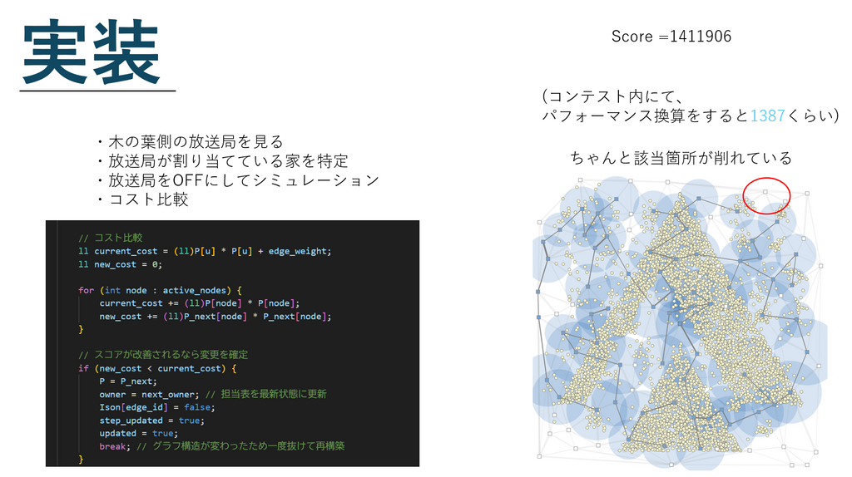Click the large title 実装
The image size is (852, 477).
pyautogui.click(x=91, y=52)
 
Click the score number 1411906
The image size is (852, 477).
pyautogui.click(x=701, y=37)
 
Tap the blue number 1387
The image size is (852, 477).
pyautogui.click(x=767, y=116)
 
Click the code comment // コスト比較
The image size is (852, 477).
pyautogui.click(x=111, y=238)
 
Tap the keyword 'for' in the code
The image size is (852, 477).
pyautogui.click(x=86, y=290)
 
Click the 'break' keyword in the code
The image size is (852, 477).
pyautogui.click(x=112, y=446)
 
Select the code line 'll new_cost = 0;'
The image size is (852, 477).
pyautogui.click(x=120, y=264)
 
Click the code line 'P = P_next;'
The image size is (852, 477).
pyautogui.click(x=128, y=381)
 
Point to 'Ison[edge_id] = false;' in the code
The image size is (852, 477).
pyautogui.click(x=157, y=407)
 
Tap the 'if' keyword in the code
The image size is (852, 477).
pyautogui.click(x=83, y=368)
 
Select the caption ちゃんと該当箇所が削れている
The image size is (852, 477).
pyautogui.click(x=681, y=158)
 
